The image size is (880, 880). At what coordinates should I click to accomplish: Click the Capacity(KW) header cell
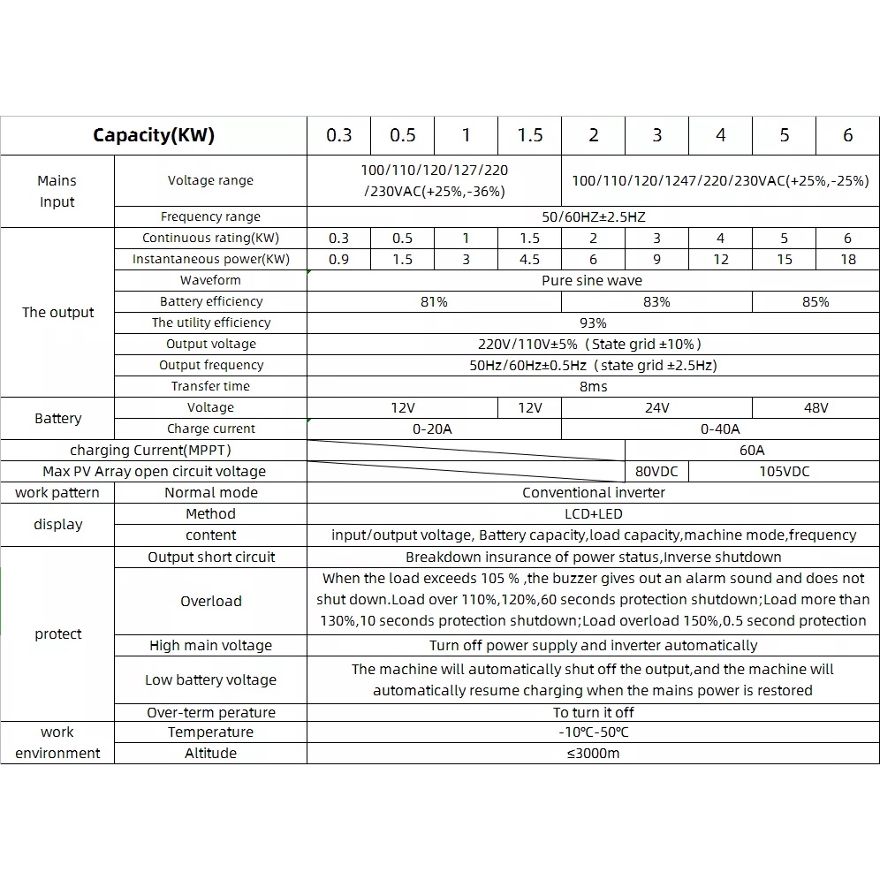(x=154, y=135)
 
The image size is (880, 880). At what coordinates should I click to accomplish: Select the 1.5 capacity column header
(x=529, y=135)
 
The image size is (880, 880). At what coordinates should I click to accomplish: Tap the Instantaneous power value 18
(x=847, y=259)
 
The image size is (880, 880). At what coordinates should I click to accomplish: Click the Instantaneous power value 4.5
(x=529, y=259)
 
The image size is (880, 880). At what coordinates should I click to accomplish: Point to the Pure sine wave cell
(x=592, y=280)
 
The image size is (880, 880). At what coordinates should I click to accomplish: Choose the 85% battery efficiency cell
(x=816, y=301)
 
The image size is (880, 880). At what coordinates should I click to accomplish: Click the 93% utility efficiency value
(x=592, y=322)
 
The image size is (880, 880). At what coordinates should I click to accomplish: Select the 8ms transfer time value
(x=592, y=386)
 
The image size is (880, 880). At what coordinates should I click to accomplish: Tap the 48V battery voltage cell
(x=816, y=407)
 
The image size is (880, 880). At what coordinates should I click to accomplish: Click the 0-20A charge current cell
(x=433, y=429)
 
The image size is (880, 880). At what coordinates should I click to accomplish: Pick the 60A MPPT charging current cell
(x=752, y=450)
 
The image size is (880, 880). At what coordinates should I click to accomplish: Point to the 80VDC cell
(x=656, y=471)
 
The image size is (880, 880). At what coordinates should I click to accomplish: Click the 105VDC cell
(x=784, y=471)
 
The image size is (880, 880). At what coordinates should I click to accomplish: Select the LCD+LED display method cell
(x=593, y=513)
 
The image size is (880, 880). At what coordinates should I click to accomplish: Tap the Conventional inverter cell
(x=593, y=492)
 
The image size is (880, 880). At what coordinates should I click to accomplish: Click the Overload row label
(x=210, y=601)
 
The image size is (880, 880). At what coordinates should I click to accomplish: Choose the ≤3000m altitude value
(x=593, y=753)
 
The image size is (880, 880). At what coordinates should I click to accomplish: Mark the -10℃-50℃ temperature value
(x=593, y=732)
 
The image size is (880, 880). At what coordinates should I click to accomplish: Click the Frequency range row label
(x=210, y=216)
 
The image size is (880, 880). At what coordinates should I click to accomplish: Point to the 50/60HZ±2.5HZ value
(x=592, y=216)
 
